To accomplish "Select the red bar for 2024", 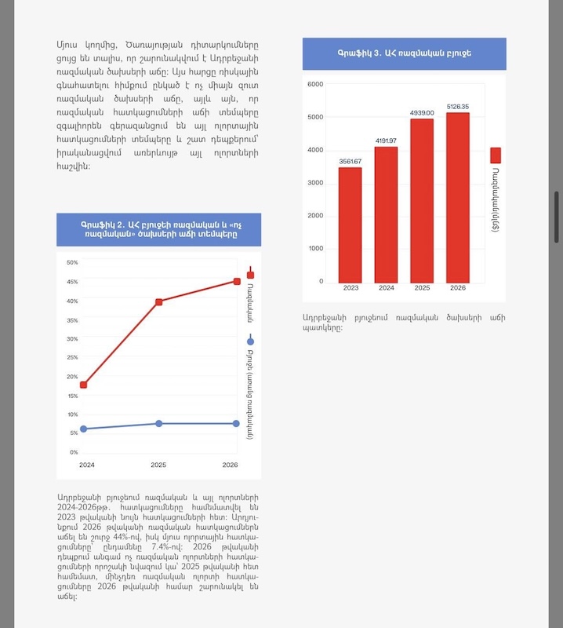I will tap(386, 214).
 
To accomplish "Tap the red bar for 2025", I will tap(421, 200).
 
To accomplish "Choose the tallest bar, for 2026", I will tap(458, 197).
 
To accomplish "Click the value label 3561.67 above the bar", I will tap(351, 162).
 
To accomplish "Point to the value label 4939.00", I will tap(422, 113).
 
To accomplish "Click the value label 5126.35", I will tap(458, 107).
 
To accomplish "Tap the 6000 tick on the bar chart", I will tap(315, 84).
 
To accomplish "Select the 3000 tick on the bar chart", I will tap(315, 183).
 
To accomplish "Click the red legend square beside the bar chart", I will tap(496, 154).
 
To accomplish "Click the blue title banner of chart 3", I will tap(404, 53).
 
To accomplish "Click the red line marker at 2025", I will tap(158, 301).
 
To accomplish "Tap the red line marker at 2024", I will tap(84, 385).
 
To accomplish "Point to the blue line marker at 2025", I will tap(158, 423).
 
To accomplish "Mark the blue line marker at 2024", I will tap(84, 429).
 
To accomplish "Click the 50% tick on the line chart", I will tap(72, 263).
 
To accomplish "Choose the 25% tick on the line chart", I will tap(72, 358).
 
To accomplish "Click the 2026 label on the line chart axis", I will tap(230, 466).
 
